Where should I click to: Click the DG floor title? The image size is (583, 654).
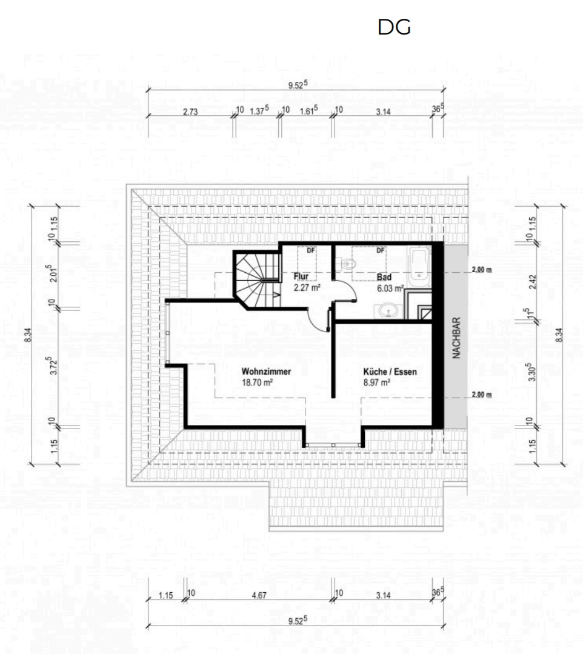point(394,27)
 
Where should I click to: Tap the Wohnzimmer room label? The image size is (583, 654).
point(266,371)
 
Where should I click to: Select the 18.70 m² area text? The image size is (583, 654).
point(258,382)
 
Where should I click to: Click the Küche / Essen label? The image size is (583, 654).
point(390,372)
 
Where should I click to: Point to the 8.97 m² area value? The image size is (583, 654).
point(376,382)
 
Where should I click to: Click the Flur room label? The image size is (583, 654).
point(301,276)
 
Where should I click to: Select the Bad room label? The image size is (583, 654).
point(384,277)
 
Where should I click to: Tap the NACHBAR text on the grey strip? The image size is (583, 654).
point(456,338)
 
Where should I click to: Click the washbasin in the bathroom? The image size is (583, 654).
point(390,311)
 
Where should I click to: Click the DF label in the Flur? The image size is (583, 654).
point(311,250)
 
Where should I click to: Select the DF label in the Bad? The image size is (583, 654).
point(381,250)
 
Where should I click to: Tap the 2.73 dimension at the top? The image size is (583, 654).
point(190,112)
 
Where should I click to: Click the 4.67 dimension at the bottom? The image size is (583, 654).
point(259,595)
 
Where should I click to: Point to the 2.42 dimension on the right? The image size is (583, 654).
point(533,282)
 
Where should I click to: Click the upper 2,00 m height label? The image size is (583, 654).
point(482,270)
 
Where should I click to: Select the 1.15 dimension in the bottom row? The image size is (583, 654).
point(165,595)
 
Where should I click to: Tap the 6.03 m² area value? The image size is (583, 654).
point(390,289)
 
